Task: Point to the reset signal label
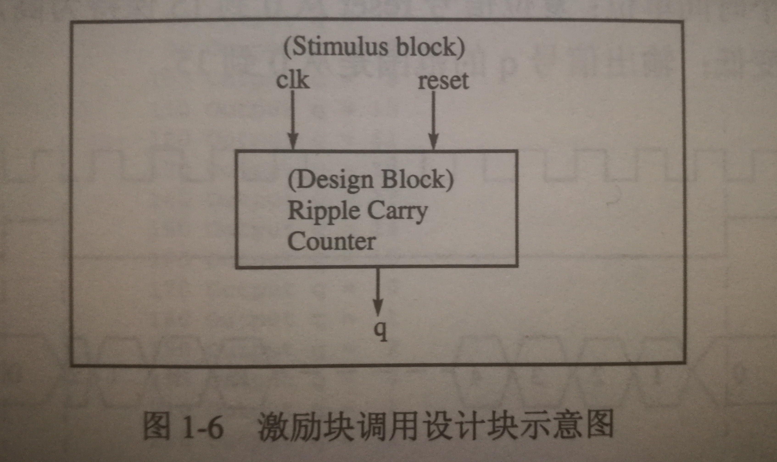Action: (x=443, y=81)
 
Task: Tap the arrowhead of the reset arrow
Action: (x=433, y=141)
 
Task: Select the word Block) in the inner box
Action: (x=418, y=180)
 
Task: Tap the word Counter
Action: (x=332, y=242)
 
